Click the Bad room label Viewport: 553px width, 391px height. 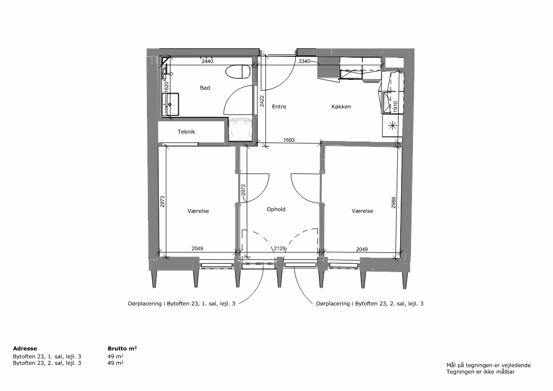[205, 88]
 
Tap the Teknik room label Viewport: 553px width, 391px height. [186, 132]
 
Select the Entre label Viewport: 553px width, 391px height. [279, 107]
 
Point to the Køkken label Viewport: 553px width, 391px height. [341, 107]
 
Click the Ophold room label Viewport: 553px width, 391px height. [276, 209]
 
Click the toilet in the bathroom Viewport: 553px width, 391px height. [238, 71]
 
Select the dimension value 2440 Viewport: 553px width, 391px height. [207, 62]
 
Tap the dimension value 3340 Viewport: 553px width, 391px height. [304, 62]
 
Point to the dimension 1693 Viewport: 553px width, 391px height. [289, 140]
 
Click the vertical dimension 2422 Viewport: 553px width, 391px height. [262, 102]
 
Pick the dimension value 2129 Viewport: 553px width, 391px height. [279, 249]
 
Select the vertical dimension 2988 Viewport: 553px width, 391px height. [394, 203]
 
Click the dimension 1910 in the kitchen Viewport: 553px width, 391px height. [395, 106]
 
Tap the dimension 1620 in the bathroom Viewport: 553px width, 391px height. [167, 87]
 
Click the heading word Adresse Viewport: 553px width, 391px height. [25, 349]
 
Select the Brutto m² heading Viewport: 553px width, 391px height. [122, 348]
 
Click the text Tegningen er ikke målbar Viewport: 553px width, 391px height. [481, 372]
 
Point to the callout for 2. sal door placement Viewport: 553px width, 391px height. [370, 304]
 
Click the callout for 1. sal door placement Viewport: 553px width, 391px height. [182, 304]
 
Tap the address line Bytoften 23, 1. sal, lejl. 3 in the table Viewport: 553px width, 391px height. [47, 357]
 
